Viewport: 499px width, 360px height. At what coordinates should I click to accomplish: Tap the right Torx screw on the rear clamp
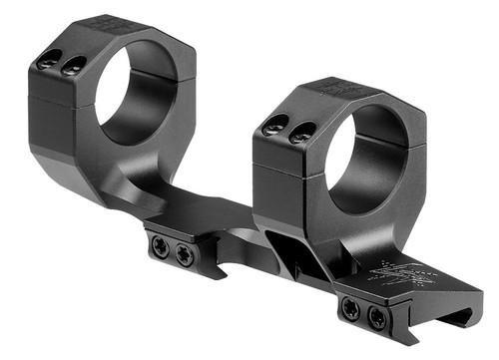[184, 255]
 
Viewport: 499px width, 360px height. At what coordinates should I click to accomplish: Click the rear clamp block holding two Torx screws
[172, 251]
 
